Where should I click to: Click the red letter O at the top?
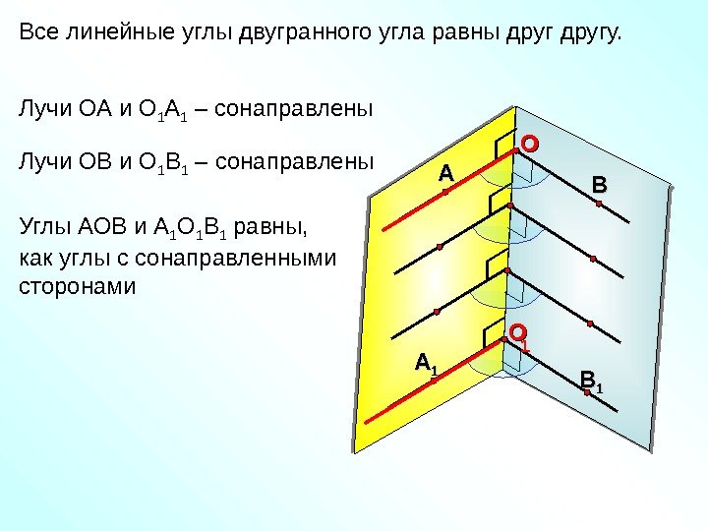click(x=530, y=144)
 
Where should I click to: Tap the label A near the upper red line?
click(x=446, y=173)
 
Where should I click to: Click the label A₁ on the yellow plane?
click(x=426, y=364)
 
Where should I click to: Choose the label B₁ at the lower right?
click(x=592, y=379)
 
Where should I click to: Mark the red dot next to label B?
click(x=599, y=203)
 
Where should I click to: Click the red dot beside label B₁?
click(x=587, y=392)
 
